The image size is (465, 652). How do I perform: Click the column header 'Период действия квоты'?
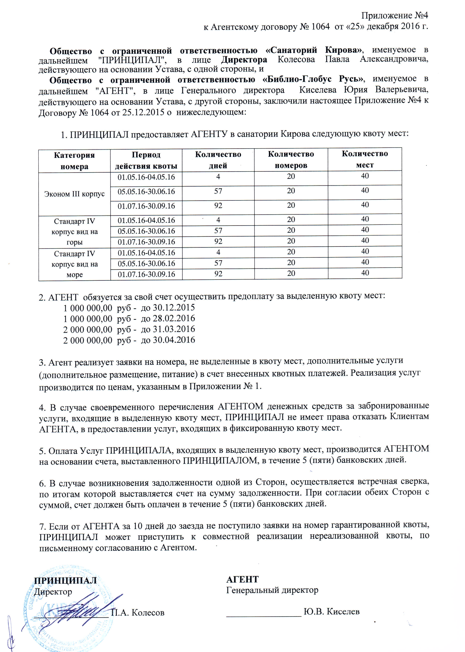coord(146,160)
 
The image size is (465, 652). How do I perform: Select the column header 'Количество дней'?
coord(218,160)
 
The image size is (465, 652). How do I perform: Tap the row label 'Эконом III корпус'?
coord(74,194)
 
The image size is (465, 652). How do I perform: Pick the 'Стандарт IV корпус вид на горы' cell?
coord(74,231)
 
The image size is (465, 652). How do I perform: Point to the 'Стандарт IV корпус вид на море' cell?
coord(74,264)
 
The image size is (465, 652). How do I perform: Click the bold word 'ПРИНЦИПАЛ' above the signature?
coord(65,580)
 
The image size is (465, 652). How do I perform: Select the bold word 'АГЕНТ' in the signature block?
coord(242,580)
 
